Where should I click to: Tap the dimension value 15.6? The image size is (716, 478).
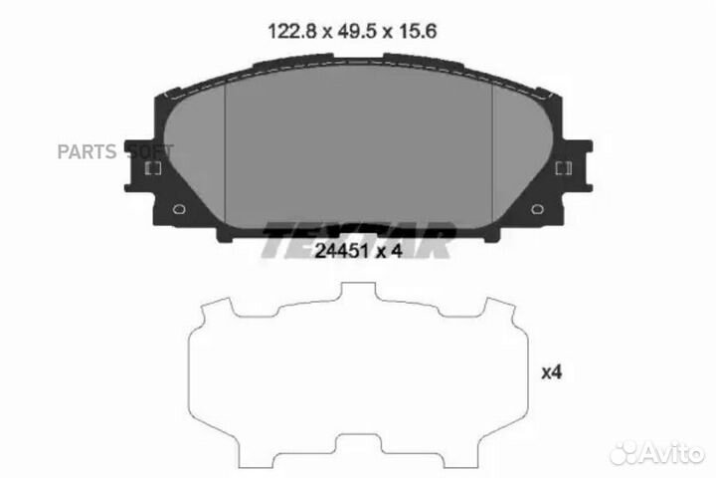click(419, 31)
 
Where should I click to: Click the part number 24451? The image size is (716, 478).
click(335, 252)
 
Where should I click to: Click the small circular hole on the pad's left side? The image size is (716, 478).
click(179, 210)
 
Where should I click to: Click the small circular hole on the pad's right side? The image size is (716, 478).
click(538, 210)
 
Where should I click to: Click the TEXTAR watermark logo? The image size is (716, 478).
click(358, 239)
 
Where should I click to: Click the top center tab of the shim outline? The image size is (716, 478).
click(359, 292)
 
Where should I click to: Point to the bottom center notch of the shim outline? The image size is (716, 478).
click(359, 442)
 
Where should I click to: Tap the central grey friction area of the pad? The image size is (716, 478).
click(359, 149)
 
